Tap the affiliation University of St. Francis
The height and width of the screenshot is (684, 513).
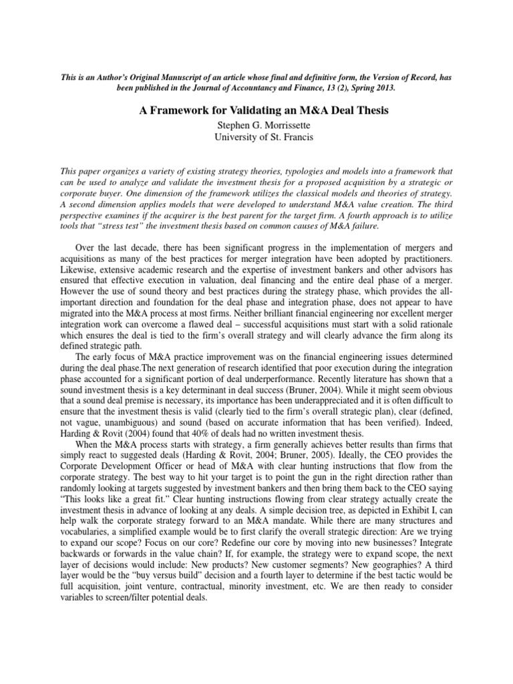click(x=256, y=138)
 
